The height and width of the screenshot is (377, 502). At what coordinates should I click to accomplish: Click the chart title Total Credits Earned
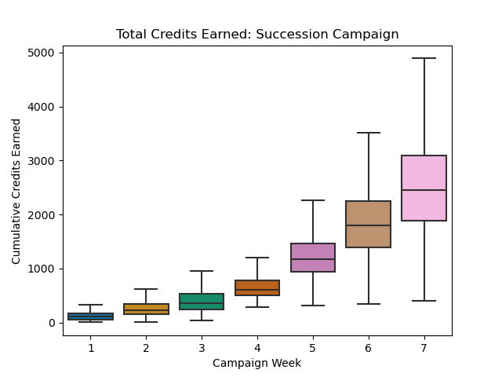click(x=257, y=35)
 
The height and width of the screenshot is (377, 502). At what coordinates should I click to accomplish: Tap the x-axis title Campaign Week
click(x=257, y=363)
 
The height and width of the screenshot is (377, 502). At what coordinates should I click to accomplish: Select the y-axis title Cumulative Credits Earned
click(x=16, y=191)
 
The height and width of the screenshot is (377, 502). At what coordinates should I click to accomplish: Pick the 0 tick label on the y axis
click(x=52, y=323)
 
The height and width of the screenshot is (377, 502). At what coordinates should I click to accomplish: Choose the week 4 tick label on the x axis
click(x=257, y=347)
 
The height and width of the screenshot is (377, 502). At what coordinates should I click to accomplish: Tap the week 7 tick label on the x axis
click(x=424, y=347)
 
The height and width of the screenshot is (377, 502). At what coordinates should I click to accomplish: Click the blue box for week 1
click(x=91, y=317)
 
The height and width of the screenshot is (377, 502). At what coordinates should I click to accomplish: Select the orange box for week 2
click(x=146, y=309)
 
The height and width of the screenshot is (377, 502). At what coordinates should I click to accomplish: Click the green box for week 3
click(x=202, y=302)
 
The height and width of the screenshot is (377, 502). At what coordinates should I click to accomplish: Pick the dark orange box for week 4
click(x=257, y=287)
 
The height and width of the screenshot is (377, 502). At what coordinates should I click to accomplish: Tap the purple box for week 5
click(x=313, y=258)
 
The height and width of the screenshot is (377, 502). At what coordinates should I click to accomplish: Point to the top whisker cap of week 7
click(x=424, y=58)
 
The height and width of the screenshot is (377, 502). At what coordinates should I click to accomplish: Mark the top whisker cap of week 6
click(x=368, y=133)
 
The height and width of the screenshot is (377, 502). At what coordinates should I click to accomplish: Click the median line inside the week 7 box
click(x=424, y=190)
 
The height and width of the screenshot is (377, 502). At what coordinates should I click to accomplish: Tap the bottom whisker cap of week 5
click(x=313, y=306)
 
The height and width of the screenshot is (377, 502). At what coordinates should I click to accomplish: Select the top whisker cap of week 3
click(x=202, y=271)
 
